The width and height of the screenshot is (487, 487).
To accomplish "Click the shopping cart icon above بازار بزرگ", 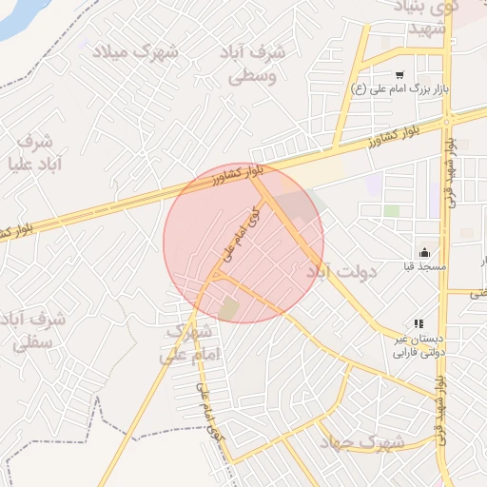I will pyautogui.click(x=399, y=74).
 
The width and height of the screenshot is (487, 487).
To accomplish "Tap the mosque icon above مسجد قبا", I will pyautogui.click(x=423, y=253).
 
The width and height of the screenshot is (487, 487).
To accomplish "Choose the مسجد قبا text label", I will pyautogui.click(x=423, y=268).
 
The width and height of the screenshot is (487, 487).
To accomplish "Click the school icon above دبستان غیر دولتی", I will pyautogui.click(x=418, y=324).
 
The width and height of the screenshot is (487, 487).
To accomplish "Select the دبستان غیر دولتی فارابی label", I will pyautogui.click(x=419, y=344).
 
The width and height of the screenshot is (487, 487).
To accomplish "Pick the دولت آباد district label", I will pyautogui.click(x=342, y=273).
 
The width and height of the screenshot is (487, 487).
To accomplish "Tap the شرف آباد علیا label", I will pyautogui.click(x=38, y=152).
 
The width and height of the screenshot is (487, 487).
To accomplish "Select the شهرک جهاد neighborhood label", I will pyautogui.click(x=361, y=442).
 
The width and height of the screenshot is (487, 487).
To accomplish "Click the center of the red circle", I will pyautogui.click(x=243, y=243).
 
